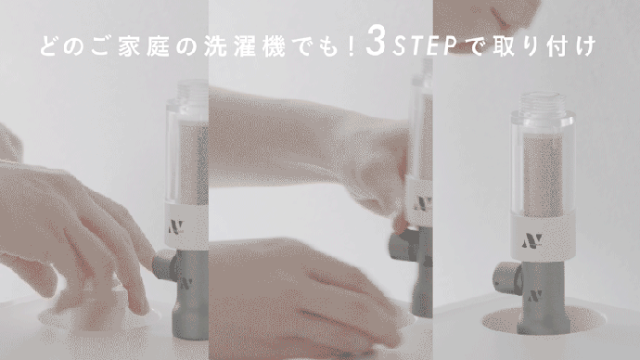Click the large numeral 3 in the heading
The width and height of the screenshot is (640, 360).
point(375,45)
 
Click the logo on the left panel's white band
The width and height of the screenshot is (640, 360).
point(173,225)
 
